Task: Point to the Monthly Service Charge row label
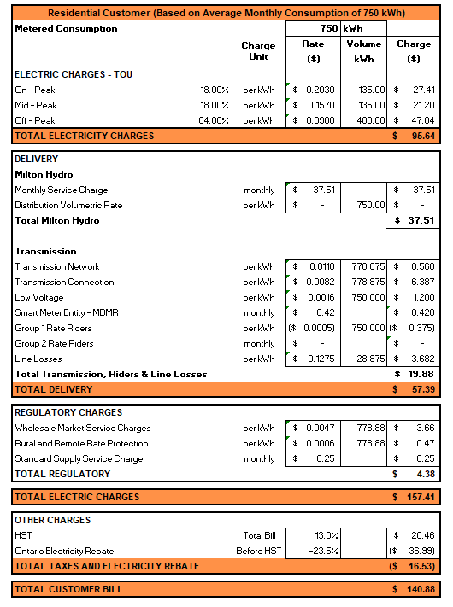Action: (x=62, y=190)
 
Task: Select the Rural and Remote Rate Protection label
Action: (x=81, y=444)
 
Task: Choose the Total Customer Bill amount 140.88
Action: (x=420, y=589)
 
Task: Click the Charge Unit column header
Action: (x=258, y=51)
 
